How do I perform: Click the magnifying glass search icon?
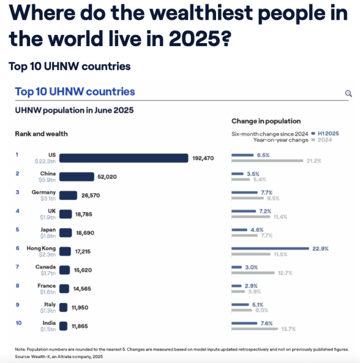click(x=348, y=94)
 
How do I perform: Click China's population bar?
click(x=77, y=176)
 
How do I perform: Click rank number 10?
click(x=18, y=322)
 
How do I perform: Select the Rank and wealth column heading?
click(x=41, y=133)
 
